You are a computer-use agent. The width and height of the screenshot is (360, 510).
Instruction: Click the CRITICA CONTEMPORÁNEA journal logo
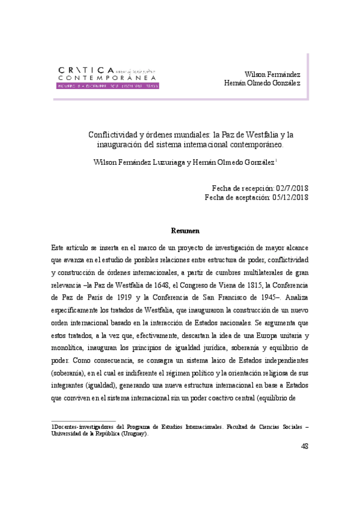point(108,76)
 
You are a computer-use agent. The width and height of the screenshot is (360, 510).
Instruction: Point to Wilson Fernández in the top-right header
point(274,73)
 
